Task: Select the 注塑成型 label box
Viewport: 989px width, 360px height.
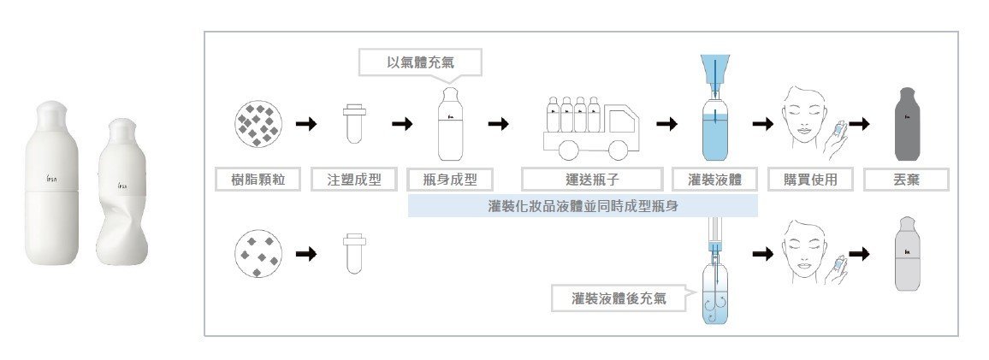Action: point(353,179)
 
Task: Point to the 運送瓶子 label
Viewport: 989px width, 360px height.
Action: point(591,179)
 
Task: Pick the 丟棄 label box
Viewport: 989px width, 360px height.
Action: point(906,179)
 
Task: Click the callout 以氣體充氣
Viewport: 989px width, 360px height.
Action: point(420,62)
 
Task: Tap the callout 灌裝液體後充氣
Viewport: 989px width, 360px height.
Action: point(620,298)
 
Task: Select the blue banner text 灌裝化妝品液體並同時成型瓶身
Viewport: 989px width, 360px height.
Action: point(582,205)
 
